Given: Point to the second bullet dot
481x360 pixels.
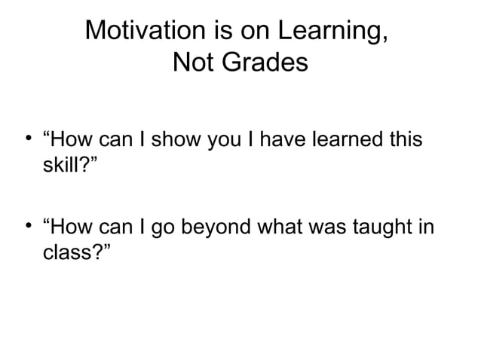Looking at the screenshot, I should pos(27,224).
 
